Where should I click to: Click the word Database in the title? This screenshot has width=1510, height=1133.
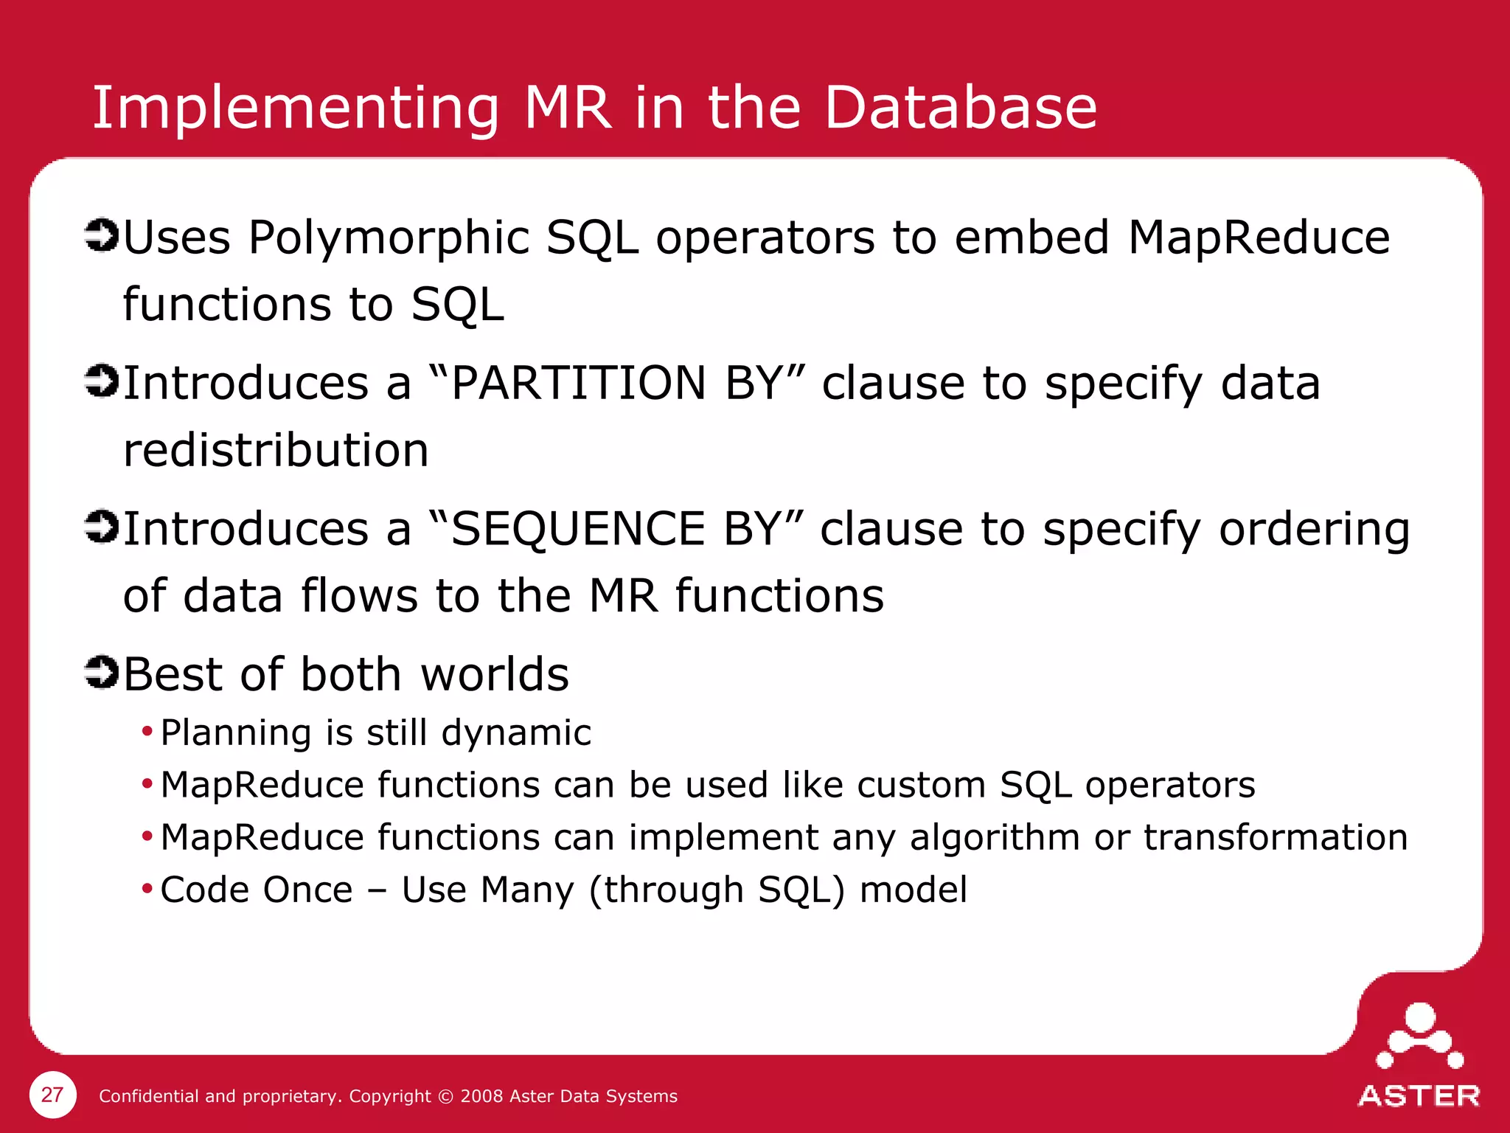[x=960, y=108]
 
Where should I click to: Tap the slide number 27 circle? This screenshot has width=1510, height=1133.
[x=52, y=1095]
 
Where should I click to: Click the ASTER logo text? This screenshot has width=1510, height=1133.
[x=1419, y=1096]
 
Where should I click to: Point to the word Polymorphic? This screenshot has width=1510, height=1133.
[x=389, y=239]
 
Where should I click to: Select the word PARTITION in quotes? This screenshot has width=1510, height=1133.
[x=578, y=384]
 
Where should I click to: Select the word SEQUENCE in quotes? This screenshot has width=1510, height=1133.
[x=578, y=529]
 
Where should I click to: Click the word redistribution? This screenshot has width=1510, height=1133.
[x=276, y=450]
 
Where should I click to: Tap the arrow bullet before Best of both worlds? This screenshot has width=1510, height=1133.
[x=101, y=672]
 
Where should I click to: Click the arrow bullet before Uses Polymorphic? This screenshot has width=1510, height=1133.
[x=101, y=235]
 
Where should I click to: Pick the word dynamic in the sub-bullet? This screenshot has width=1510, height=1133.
[x=516, y=734]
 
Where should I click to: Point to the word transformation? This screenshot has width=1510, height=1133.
[x=1276, y=838]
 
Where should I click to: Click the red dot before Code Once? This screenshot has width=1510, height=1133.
[x=147, y=888]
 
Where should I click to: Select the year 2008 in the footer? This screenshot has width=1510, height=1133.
[x=481, y=1096]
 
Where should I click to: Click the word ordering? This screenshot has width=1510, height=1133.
[x=1314, y=530]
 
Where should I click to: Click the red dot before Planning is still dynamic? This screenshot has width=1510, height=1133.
[x=147, y=732]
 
